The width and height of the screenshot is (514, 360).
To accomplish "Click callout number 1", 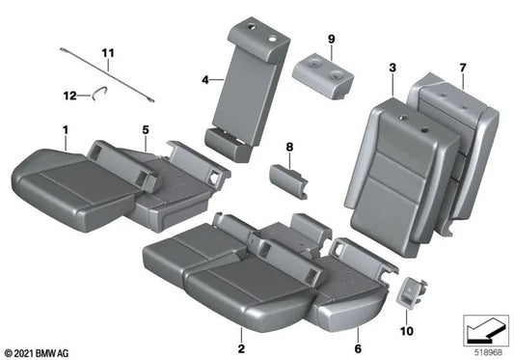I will pyautogui.click(x=66, y=130).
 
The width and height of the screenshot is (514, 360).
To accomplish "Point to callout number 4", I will pyautogui.click(x=205, y=81).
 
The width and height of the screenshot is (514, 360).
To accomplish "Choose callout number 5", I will pyautogui.click(x=146, y=130).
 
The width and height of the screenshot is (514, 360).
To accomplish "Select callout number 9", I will pyautogui.click(x=331, y=39).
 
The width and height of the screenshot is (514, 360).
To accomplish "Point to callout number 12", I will pyautogui.click(x=69, y=94).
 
